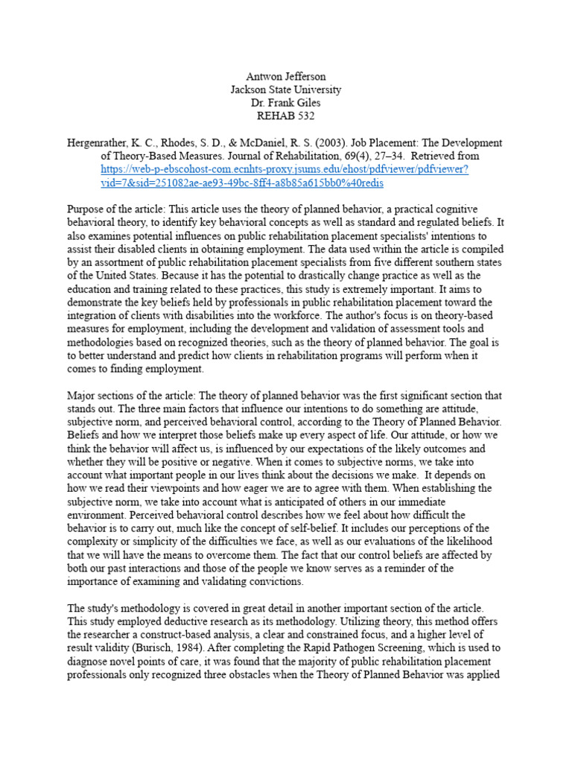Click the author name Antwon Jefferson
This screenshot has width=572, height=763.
[285, 76]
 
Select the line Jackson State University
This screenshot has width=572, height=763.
[285, 89]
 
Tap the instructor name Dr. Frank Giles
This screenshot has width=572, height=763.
[285, 103]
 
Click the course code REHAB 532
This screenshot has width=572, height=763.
[285, 116]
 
